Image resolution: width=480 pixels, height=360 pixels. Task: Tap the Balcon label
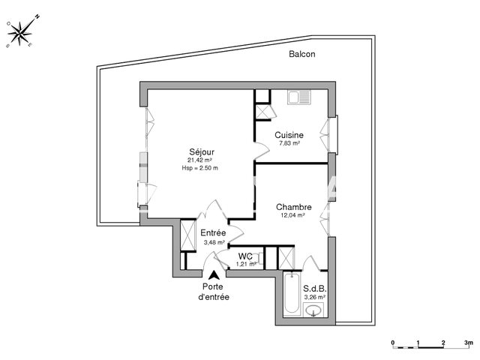[303, 54]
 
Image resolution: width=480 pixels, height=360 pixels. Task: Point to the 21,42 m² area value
[199, 160]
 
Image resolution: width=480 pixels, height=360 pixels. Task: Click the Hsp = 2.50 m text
[199, 169]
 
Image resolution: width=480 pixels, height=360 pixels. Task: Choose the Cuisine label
[289, 135]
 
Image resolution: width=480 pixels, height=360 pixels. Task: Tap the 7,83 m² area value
[289, 143]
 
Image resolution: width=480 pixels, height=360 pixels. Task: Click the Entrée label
[213, 233]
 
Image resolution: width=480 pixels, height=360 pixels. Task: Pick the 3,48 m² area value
[214, 242]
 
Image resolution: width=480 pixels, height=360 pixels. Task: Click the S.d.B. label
[313, 289]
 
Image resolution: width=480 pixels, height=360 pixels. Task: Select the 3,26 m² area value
[314, 297]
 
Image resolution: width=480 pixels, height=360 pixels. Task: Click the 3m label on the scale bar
[468, 342]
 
